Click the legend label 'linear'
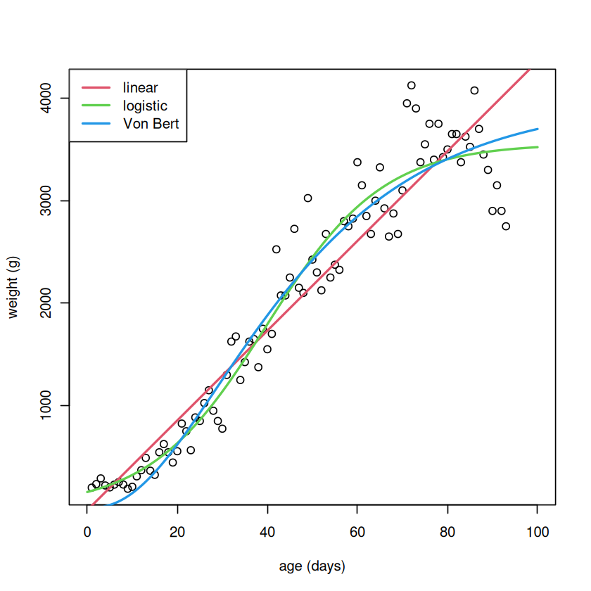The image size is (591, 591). click(140, 88)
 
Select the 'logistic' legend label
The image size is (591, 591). click(145, 106)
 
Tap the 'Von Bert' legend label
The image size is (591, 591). click(151, 124)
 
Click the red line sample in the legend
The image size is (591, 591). click(96, 88)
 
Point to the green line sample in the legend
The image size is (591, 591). click(96, 106)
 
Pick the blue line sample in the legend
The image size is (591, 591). click(96, 124)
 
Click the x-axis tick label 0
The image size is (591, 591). click(87, 532)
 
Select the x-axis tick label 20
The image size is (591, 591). click(177, 532)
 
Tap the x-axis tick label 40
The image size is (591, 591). click(267, 532)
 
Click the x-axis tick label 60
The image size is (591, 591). click(357, 532)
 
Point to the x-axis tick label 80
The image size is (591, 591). click(447, 532)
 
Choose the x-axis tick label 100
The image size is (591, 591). click(538, 532)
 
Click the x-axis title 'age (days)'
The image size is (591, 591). click(312, 566)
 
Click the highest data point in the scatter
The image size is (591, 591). click(412, 86)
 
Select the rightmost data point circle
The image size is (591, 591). click(506, 226)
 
